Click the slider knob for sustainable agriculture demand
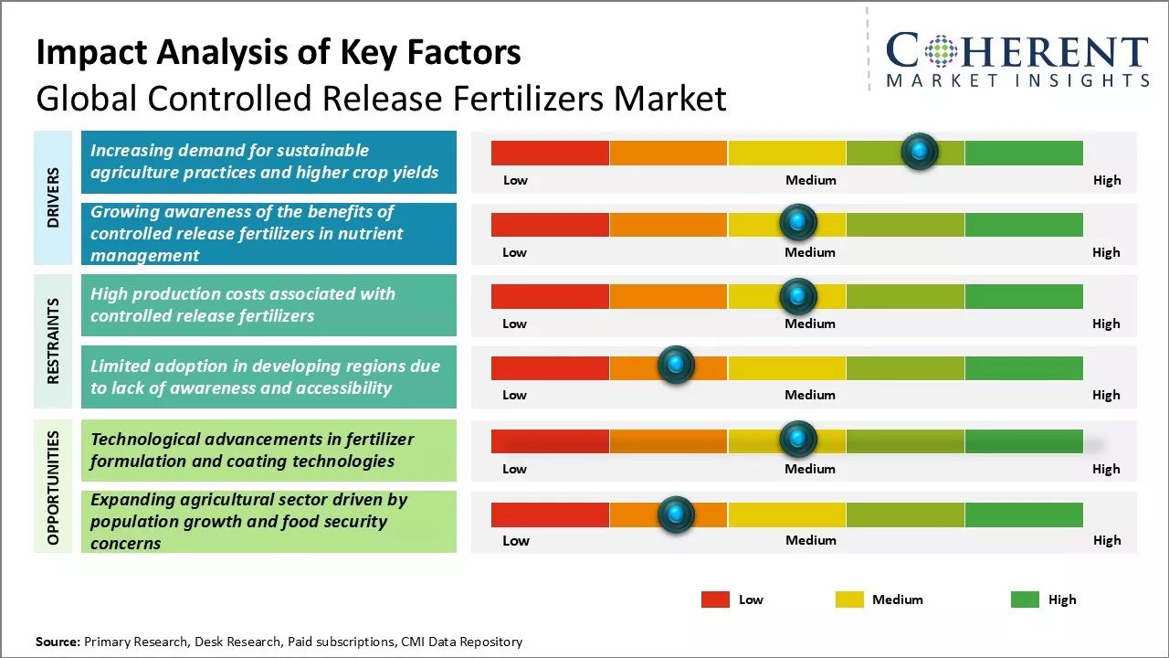coord(919,152)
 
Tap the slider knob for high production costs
coord(798,296)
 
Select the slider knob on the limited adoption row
coord(676,366)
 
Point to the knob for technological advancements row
coord(798,440)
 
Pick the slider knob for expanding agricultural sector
coord(676,515)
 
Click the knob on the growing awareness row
coord(798,222)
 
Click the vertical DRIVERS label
coord(53,197)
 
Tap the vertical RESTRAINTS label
coord(53,341)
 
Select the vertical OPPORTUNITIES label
coord(53,487)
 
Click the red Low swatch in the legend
coord(715,600)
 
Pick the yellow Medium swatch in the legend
coord(849,600)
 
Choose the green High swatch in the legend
coord(1025,600)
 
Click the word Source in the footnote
coord(58,642)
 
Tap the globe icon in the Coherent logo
coord(940,52)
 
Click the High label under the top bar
coord(1107,180)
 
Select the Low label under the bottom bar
coord(516,540)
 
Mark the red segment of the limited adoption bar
coord(550,367)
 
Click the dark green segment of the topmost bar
coord(1023,153)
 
